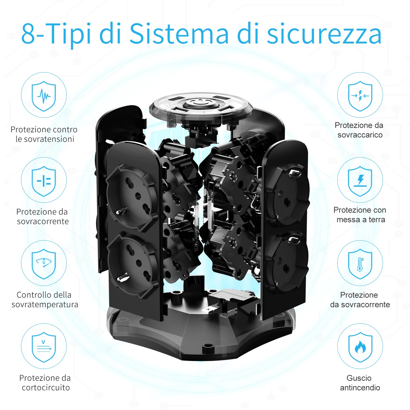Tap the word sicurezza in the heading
click(x=324, y=34)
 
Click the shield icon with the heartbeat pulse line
click(x=44, y=96)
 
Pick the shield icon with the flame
click(x=360, y=347)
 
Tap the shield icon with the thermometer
click(x=360, y=263)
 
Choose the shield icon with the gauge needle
click(x=44, y=263)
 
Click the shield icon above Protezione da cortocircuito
click(x=44, y=347)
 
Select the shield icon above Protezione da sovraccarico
click(x=360, y=96)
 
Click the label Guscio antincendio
click(x=360, y=383)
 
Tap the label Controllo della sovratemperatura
click(x=45, y=300)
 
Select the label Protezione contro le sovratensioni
click(x=44, y=134)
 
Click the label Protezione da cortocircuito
click(x=45, y=383)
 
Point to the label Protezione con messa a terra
click(x=360, y=215)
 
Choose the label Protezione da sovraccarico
click(x=359, y=130)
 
